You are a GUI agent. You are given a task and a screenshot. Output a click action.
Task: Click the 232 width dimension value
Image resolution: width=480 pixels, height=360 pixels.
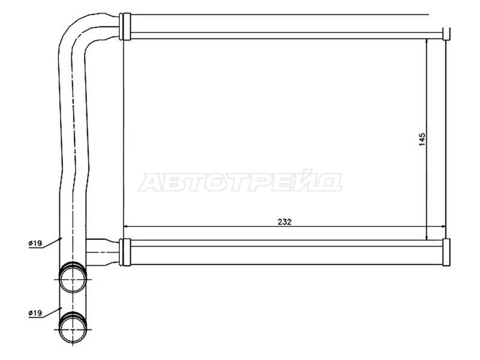(x=284, y=222)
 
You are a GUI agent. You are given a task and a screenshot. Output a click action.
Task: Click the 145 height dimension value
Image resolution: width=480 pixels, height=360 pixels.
(x=422, y=139)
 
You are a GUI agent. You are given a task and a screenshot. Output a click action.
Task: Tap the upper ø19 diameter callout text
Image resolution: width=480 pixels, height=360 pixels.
(x=35, y=244)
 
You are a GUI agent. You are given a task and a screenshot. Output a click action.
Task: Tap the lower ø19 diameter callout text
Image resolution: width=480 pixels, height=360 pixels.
(x=35, y=313)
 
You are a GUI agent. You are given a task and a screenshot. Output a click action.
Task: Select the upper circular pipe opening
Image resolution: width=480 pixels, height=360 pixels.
(x=73, y=279)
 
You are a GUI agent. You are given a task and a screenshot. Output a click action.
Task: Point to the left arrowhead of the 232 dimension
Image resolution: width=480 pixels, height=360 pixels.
(x=125, y=227)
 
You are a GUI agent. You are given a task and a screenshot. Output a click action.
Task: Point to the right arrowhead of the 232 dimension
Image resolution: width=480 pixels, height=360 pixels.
(x=443, y=227)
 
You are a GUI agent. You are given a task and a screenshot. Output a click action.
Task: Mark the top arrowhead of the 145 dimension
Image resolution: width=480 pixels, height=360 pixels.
(x=427, y=41)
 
